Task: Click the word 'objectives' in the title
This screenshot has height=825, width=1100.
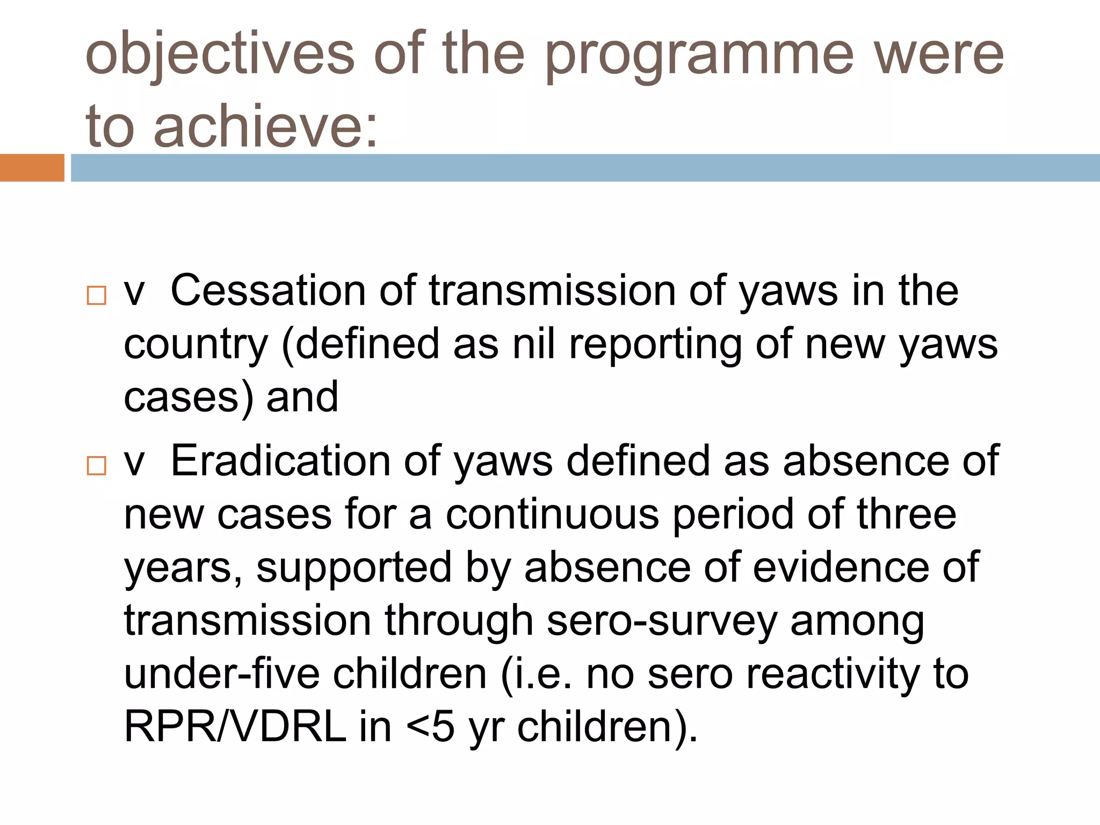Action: [220, 54]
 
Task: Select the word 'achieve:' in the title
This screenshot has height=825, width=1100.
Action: [266, 126]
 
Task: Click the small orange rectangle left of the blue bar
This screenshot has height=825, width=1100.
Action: [32, 168]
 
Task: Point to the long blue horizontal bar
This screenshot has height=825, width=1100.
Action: [585, 168]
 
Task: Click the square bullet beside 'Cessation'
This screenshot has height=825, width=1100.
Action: [97, 296]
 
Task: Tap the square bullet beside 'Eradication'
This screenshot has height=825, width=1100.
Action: [97, 466]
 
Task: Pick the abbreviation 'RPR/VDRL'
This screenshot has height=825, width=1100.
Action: [235, 727]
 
